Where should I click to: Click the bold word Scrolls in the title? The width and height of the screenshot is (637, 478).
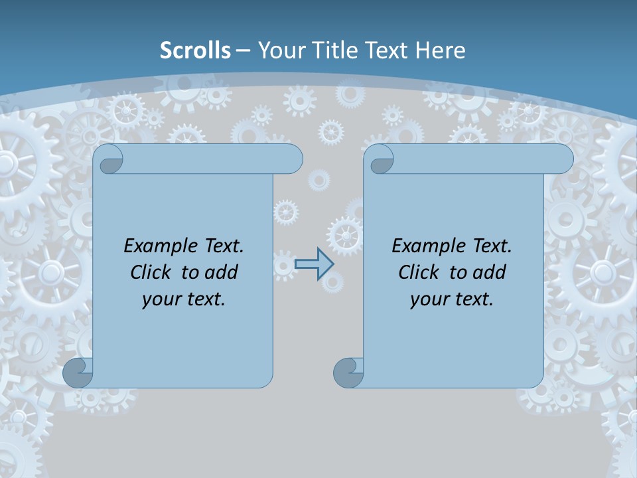click(196, 50)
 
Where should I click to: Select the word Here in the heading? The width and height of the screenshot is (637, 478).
click(441, 50)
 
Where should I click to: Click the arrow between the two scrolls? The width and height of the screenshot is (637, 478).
click(314, 264)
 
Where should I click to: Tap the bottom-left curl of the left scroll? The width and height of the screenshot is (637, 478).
click(78, 373)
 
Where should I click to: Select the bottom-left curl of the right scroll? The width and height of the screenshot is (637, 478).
click(348, 373)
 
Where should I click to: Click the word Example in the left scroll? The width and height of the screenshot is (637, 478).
click(159, 246)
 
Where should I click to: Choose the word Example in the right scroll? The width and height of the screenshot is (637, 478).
click(427, 246)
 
